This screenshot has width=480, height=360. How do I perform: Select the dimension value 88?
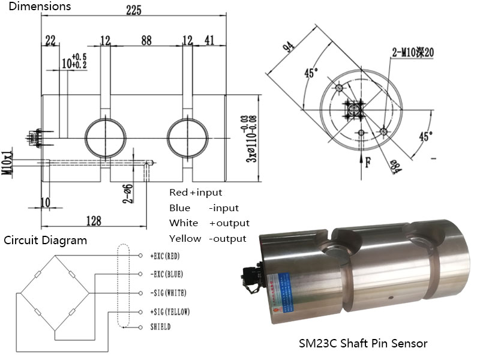pyautogui.click(x=146, y=40)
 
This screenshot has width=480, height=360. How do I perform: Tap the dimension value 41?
pyautogui.click(x=209, y=40)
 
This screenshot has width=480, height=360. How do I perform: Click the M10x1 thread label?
pyautogui.click(x=7, y=162)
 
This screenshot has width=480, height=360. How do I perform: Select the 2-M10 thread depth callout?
pyautogui.click(x=412, y=53)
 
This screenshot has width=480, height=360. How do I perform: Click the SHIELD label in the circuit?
pyautogui.click(x=160, y=327)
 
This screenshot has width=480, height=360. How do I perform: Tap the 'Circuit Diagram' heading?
pyautogui.click(x=46, y=241)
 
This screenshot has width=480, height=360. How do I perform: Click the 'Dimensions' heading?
pyautogui.click(x=36, y=7)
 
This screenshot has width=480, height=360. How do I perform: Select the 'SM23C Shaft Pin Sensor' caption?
pyautogui.click(x=363, y=344)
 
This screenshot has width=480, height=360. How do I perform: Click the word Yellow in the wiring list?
pyautogui.click(x=185, y=238)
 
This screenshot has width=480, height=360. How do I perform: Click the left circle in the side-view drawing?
pyautogui.click(x=104, y=136)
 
